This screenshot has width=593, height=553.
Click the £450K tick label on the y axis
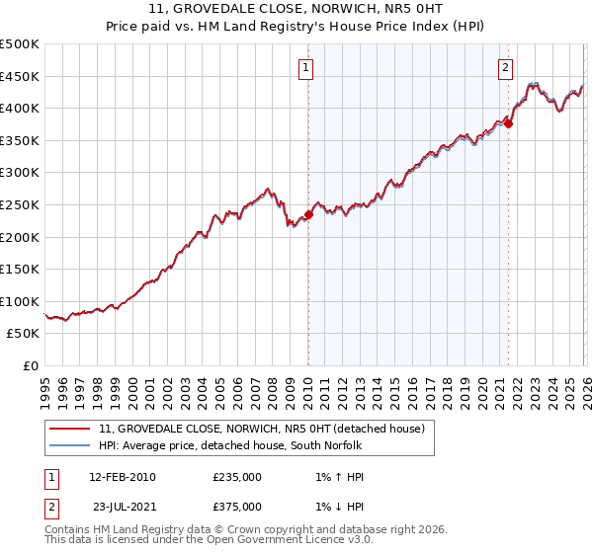pyautogui.click(x=20, y=76)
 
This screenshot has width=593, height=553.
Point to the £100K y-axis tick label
pyautogui.click(x=20, y=301)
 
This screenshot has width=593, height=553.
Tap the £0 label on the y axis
pyautogui.click(x=30, y=366)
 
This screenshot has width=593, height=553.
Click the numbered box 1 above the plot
pyautogui.click(x=307, y=68)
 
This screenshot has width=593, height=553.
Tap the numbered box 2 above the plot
pyautogui.click(x=506, y=68)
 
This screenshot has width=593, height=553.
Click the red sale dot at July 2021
pyautogui.click(x=508, y=123)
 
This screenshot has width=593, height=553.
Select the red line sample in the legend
pyautogui.click(x=69, y=429)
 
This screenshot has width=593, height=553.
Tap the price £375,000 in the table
pyautogui.click(x=237, y=507)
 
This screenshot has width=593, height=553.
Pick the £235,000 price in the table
pyautogui.click(x=237, y=477)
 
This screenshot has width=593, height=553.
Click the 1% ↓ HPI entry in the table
pyautogui.click(x=334, y=507)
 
